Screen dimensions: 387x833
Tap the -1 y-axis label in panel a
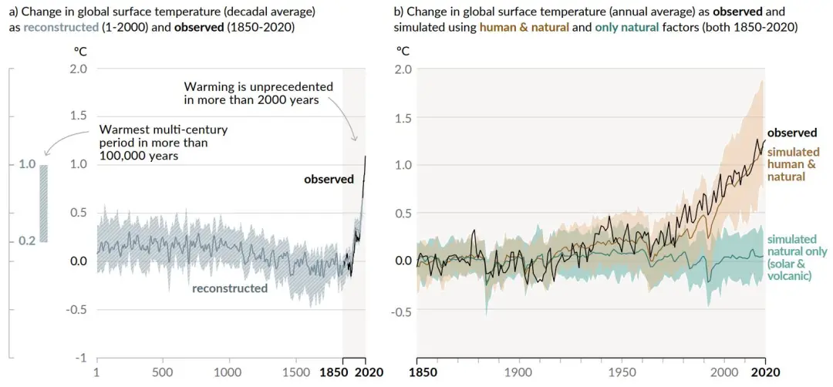79,358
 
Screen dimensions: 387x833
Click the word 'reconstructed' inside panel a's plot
229,288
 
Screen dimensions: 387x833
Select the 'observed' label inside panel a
329,179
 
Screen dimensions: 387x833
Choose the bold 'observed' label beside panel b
792,133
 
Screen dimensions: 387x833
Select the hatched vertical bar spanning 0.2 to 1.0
44,203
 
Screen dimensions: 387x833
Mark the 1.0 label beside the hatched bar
28,164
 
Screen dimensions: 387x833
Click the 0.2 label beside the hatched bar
28,241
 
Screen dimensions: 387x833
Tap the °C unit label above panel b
403,51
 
